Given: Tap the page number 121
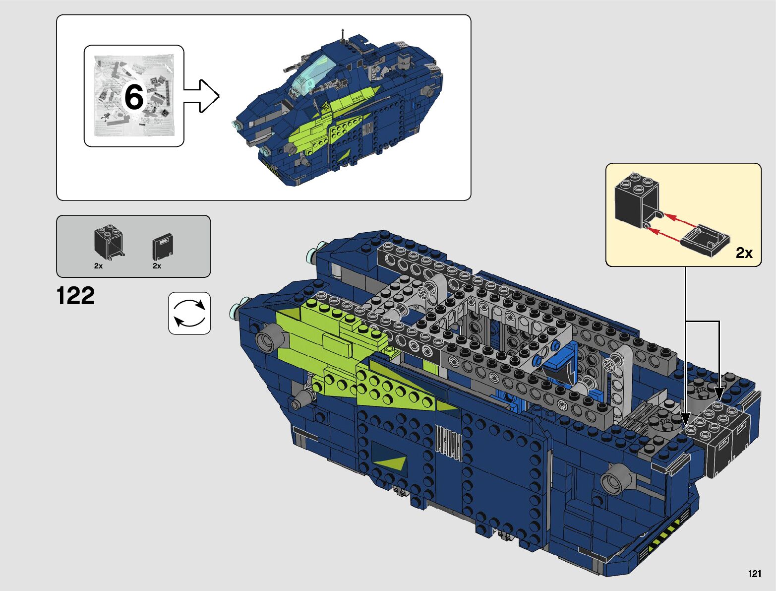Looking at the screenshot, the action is pyautogui.click(x=755, y=574).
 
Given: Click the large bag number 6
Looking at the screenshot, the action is pyautogui.click(x=134, y=97).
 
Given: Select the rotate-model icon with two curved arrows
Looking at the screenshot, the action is pyautogui.click(x=189, y=313).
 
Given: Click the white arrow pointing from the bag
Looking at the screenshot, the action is pyautogui.click(x=201, y=96).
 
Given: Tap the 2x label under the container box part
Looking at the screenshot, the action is pyautogui.click(x=98, y=266).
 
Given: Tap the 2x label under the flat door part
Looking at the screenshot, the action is pyautogui.click(x=157, y=266).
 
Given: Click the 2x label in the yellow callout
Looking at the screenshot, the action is pyautogui.click(x=744, y=253).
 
